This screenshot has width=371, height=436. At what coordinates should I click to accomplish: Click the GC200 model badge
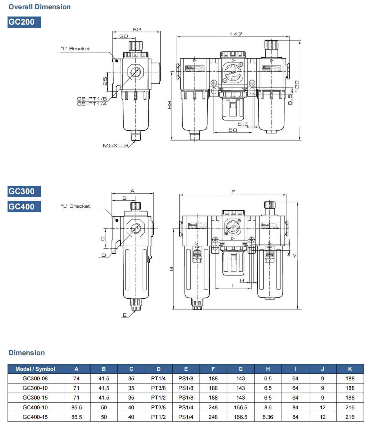(x=24, y=22)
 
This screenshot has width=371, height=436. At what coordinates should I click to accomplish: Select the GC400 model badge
(x=24, y=207)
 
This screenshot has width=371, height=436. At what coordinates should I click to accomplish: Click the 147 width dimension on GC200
(x=236, y=34)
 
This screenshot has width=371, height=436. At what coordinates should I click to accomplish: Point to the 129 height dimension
(x=296, y=87)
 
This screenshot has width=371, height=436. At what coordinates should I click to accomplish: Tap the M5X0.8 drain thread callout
(x=115, y=145)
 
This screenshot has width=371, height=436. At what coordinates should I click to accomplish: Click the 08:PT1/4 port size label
(x=92, y=104)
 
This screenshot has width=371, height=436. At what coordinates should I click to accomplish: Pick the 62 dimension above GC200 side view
(x=137, y=30)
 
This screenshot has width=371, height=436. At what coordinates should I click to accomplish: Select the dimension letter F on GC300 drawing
(x=233, y=192)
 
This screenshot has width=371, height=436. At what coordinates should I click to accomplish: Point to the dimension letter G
(x=171, y=269)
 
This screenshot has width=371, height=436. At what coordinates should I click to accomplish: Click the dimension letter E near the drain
(x=125, y=315)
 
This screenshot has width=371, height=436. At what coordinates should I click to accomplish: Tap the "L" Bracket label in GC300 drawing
(x=76, y=206)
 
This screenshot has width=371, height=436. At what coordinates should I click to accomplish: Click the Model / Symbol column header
(x=35, y=369)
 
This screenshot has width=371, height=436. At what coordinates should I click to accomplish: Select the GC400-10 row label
(x=35, y=407)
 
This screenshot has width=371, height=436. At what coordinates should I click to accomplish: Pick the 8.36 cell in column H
(x=268, y=417)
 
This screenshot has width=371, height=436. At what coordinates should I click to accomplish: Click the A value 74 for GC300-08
(x=76, y=378)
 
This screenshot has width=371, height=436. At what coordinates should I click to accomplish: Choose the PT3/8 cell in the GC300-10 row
(x=158, y=388)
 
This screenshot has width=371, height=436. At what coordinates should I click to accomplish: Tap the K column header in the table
(x=350, y=369)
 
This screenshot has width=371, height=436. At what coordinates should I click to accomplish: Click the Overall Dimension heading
(x=39, y=7)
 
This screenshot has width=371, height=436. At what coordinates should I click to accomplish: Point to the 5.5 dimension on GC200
(x=243, y=124)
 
